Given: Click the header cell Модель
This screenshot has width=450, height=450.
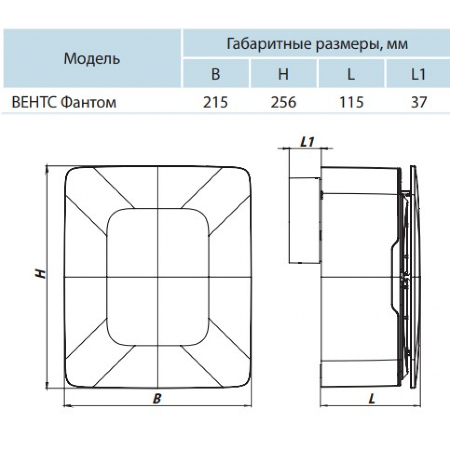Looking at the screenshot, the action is tap(92, 58).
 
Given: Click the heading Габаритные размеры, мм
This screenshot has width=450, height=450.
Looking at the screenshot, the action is tap(317, 44).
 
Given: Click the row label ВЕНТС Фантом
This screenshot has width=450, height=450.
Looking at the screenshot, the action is tap(64, 102).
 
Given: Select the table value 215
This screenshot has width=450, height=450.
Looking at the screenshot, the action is tap(216, 102).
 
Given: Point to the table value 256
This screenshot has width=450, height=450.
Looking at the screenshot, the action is tap(283, 102).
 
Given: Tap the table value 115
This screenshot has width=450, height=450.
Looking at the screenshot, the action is tap(351, 102).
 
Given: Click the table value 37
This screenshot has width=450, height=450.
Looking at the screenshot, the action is tap(418, 102).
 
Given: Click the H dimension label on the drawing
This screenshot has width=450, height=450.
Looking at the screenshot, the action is tap(41, 274).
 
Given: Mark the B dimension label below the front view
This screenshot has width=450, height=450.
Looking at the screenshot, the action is tap(157, 399).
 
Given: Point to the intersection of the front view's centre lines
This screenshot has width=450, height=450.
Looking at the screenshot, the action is tap(158, 277).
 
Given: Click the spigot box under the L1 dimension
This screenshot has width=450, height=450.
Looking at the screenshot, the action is tap(304, 220).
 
